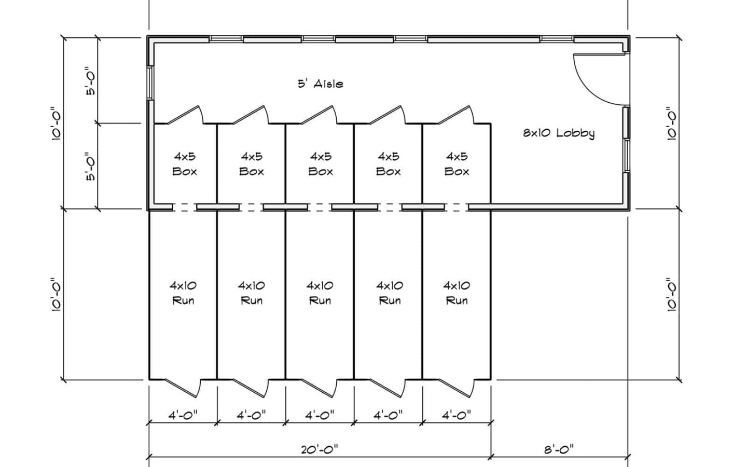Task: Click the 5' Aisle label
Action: pos(320,84)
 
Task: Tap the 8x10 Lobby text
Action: pos(558,133)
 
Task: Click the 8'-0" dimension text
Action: pos(559,449)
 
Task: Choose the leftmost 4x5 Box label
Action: pos(185,163)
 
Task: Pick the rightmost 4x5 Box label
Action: pos(457,163)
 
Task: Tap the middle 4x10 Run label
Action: pos(320,293)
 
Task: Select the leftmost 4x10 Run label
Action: pos(183,293)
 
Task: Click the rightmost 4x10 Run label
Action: pos(457,293)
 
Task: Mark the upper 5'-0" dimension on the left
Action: pos(91,80)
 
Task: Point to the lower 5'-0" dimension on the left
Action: pos(91,166)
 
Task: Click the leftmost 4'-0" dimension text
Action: pos(183,415)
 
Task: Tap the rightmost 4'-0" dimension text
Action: pos(457,415)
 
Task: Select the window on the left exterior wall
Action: pos(150,83)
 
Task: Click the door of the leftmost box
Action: pos(184,115)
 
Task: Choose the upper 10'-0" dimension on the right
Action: pos(672,123)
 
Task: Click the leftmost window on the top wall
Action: pos(226,38)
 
